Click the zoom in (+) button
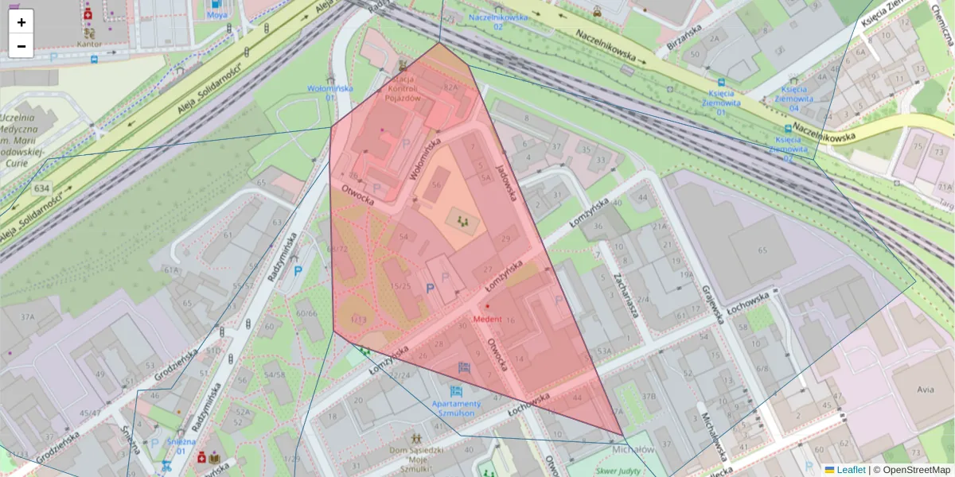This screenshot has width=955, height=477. coord(21,22)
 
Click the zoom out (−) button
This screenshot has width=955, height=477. coord(21,46)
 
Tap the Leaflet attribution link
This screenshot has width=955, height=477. coord(850,470)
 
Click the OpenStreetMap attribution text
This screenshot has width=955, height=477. coord(916,470)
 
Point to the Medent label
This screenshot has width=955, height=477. coord(488,320)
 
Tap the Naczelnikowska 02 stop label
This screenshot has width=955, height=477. coord(497,21)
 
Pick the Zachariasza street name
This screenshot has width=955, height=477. coord(625,291)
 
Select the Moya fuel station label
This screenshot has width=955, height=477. coord(216,15)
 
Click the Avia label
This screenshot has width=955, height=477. coord(925,390)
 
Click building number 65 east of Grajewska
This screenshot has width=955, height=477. coord(762,250)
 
